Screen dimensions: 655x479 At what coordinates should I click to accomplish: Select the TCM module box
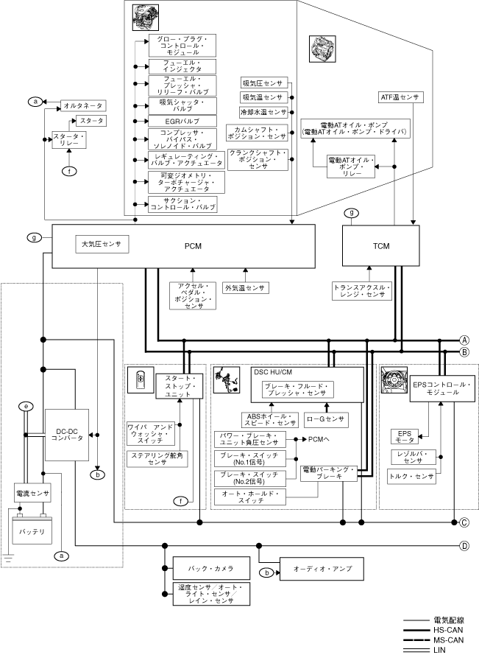point(381,245)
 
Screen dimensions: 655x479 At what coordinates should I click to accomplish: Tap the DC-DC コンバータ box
point(66,435)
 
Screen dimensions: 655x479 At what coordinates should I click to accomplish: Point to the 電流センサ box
point(32,492)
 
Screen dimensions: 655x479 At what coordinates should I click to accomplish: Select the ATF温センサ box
point(400,97)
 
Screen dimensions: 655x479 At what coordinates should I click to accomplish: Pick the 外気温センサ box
point(245,287)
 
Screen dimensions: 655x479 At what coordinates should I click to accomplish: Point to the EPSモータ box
point(405,437)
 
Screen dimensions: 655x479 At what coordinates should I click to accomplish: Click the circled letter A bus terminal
point(464,340)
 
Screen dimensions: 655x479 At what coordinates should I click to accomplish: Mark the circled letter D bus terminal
point(464,546)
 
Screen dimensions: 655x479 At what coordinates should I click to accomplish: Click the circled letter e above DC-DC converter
point(26,406)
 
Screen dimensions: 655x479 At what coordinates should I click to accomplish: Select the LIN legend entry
point(445,650)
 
